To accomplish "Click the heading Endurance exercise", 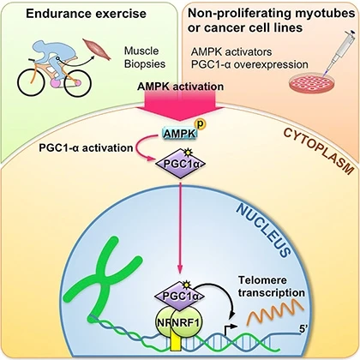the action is click(86, 14).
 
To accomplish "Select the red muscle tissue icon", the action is click(98, 50).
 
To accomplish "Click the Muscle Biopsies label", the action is click(145, 57).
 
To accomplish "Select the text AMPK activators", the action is click(231, 52).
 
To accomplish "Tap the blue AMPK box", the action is click(180, 134).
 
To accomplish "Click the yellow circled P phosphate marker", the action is click(200, 124).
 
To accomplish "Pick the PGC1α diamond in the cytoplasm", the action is click(180, 164).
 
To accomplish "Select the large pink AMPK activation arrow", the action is click(180, 105).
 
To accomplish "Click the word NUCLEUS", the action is click(264, 230).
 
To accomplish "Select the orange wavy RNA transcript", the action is click(275, 314).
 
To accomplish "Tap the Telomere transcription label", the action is click(272, 286).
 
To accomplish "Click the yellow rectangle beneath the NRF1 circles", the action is click(176, 340).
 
